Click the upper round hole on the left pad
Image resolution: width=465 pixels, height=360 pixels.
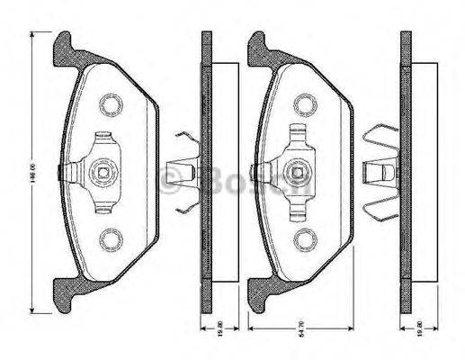pyautogui.click(x=111, y=105)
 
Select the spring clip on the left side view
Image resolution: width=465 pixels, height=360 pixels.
pyautogui.click(x=185, y=172)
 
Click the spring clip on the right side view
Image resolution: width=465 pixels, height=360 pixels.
pyautogui.click(x=380, y=170)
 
